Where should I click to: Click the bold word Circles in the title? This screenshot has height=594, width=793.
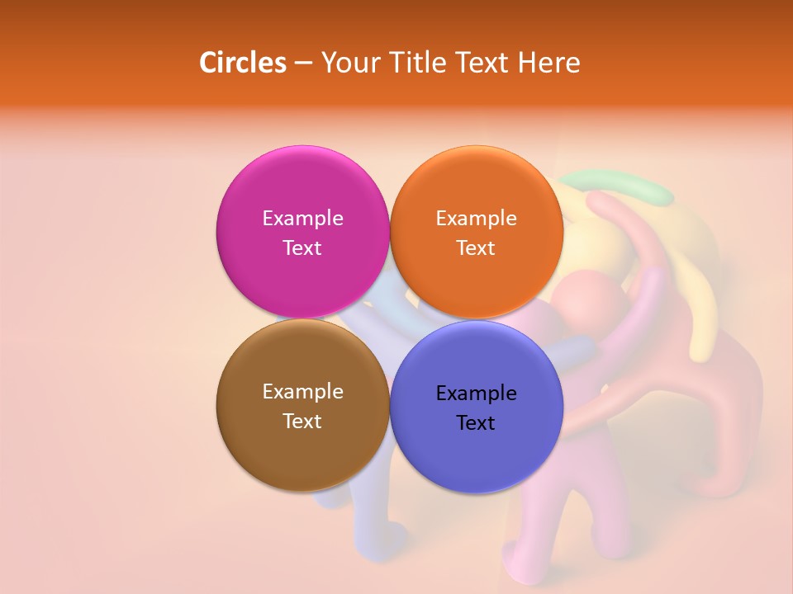[243, 63]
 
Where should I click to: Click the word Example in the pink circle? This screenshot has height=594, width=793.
[302, 218]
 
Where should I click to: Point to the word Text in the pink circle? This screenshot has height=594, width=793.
[302, 247]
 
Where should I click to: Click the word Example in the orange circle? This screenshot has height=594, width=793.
[476, 218]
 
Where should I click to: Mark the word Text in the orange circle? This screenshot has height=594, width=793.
[476, 247]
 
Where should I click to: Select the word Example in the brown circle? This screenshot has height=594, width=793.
[302, 391]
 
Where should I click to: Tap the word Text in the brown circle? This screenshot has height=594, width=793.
[302, 421]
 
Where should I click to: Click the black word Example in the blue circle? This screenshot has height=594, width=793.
[476, 393]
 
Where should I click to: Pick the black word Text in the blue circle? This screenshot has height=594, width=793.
[476, 422]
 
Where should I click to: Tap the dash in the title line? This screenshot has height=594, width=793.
[303, 64]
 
